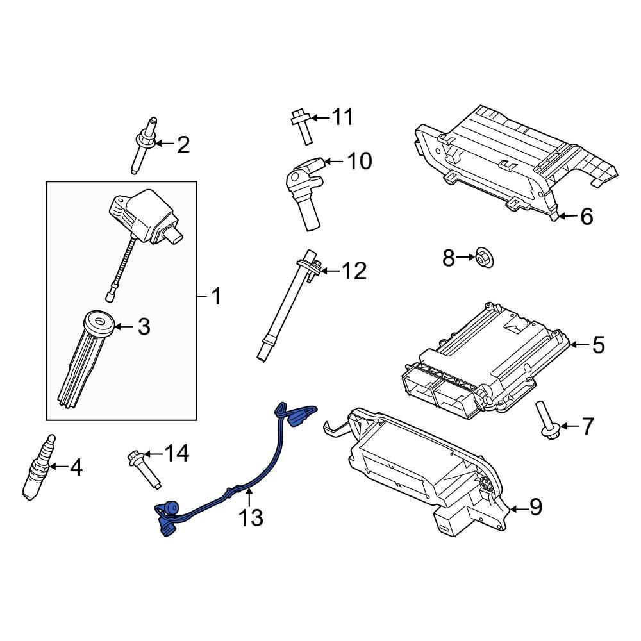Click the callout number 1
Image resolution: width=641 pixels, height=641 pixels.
[x=216, y=297]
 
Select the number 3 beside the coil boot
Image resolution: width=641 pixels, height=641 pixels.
[x=144, y=327]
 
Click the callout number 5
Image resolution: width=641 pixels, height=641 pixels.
[x=597, y=345]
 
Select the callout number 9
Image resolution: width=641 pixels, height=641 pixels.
[x=536, y=508]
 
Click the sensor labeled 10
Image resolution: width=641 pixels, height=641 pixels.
[x=303, y=189]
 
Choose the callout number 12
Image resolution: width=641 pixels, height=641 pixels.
[x=354, y=271]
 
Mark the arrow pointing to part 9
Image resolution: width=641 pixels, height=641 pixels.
[x=518, y=508]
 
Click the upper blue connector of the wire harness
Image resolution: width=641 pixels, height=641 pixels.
[x=296, y=417]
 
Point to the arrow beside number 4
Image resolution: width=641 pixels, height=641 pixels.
[x=56, y=467]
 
